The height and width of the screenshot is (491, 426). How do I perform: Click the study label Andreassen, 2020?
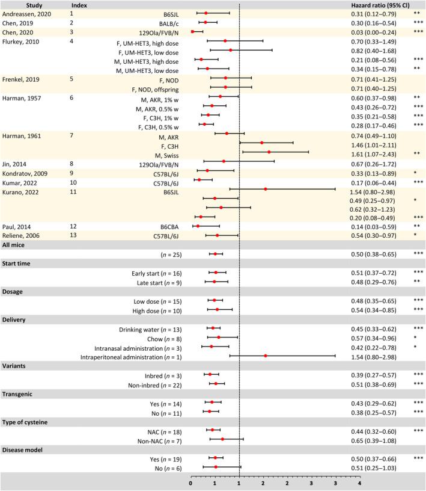[24, 13]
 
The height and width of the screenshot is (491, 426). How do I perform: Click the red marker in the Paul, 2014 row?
[198, 226]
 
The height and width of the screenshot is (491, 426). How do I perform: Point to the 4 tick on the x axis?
[359, 482]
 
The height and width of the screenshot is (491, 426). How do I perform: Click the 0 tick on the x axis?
[190, 482]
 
